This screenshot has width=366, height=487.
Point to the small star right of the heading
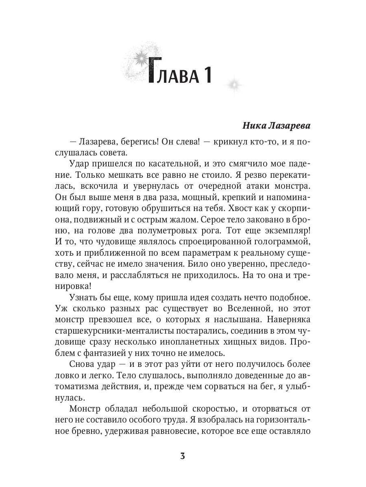coord(234,85)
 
